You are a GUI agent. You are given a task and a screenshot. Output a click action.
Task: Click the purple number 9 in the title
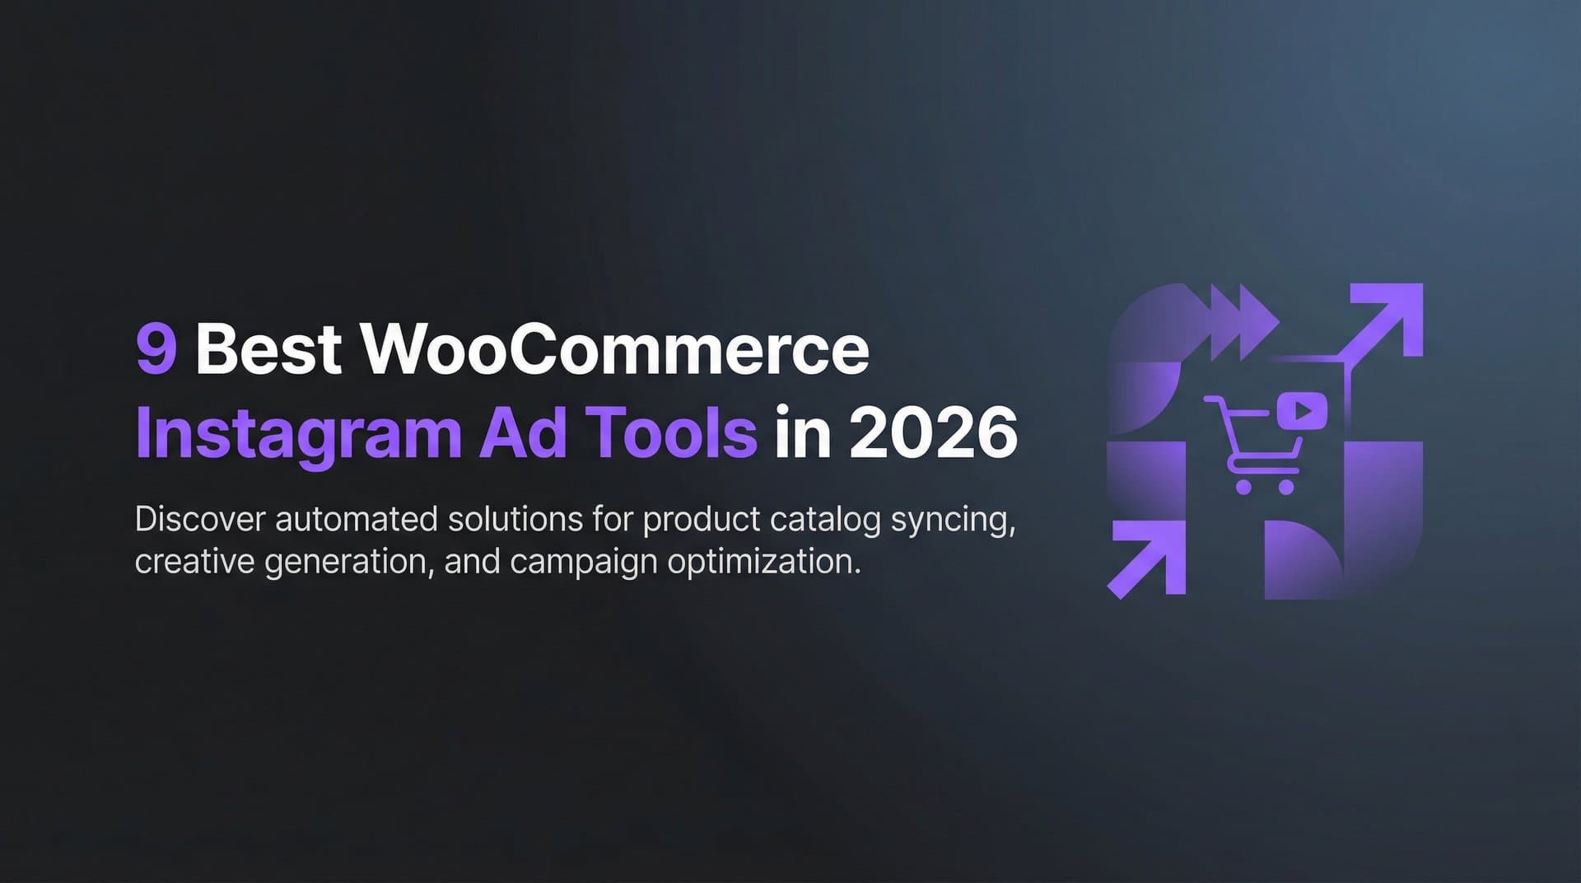pos(156,349)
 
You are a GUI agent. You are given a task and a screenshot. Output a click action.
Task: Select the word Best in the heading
pos(268,349)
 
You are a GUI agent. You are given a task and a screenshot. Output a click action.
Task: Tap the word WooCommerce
pos(615,349)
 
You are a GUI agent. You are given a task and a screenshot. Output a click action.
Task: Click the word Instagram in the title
pos(297,434)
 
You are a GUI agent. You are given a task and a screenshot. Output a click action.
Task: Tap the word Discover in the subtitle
pos(200,520)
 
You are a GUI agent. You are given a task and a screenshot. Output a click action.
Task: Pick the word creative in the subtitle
pos(194,563)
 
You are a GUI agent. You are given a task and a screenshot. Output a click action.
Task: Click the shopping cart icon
pos(1252,446)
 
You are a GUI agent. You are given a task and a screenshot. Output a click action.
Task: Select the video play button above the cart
pos(1302,410)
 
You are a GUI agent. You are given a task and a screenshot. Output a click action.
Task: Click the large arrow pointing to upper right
pos(1383,322)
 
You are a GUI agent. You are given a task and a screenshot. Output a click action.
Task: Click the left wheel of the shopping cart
pos(1244,487)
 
